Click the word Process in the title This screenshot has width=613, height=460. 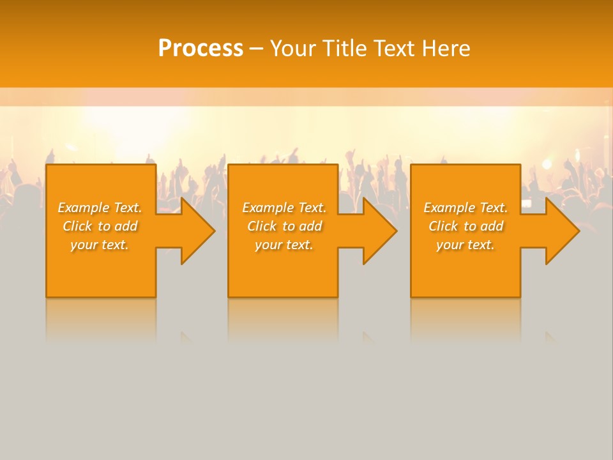coord(201,49)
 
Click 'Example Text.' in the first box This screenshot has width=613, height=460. coord(100,208)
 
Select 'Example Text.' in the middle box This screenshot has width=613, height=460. coord(284,208)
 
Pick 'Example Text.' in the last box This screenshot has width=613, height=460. coord(465,208)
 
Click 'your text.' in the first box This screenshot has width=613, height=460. coord(100,245)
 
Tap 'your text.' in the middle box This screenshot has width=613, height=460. coord(284,245)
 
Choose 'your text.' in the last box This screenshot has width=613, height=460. coord(465,245)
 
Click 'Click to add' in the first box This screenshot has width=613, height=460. coord(100,226)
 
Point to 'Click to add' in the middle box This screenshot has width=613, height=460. coord(284,226)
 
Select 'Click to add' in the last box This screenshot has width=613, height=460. coord(465,226)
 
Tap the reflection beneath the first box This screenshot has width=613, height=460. coord(101,319)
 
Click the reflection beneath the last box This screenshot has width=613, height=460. coord(465,319)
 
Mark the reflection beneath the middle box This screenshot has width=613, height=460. coord(283,319)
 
